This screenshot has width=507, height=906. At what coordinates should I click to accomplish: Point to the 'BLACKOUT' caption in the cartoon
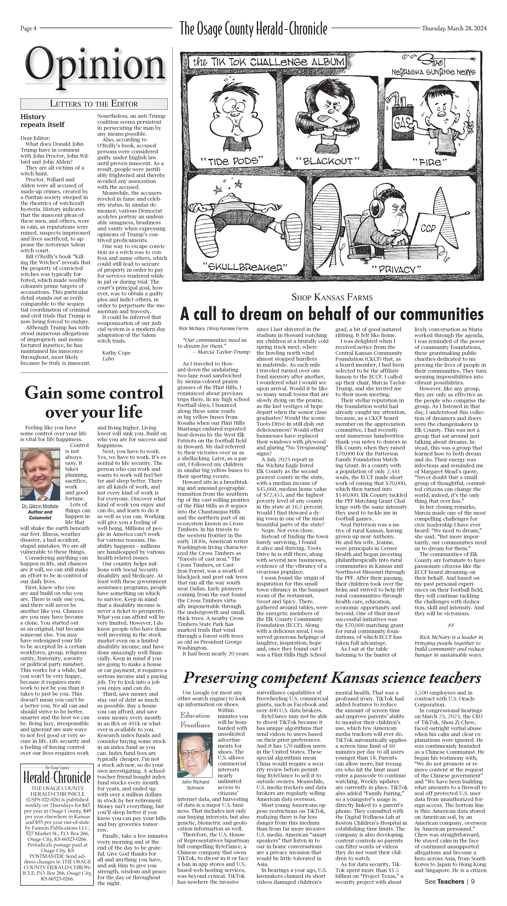point(328,161)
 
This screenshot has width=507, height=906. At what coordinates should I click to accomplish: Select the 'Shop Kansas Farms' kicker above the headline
point(332,297)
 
